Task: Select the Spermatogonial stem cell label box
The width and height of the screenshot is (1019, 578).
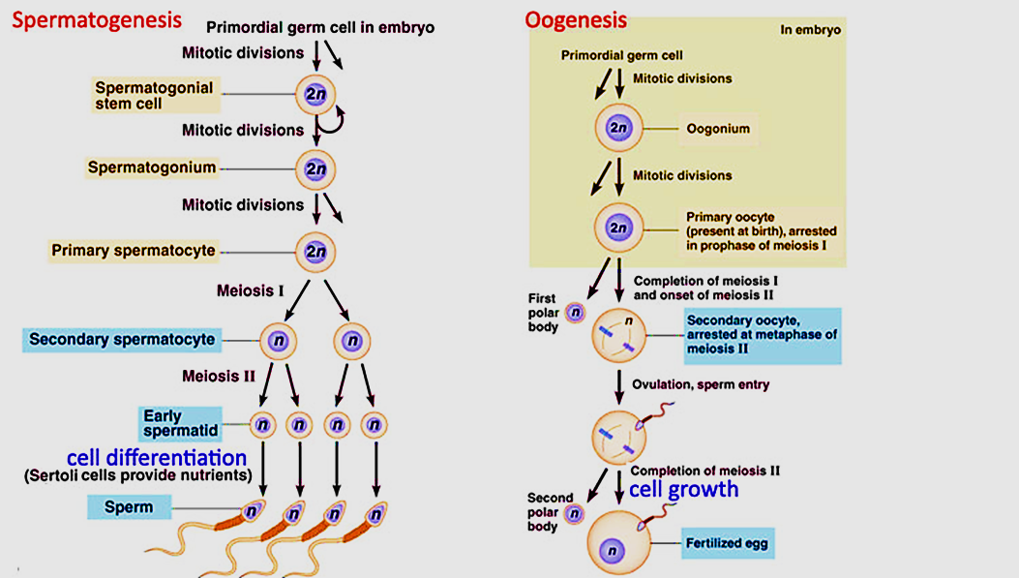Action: (153, 95)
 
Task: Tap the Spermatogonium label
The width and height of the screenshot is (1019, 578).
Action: (152, 167)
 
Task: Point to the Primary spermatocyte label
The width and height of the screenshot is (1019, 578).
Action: (134, 251)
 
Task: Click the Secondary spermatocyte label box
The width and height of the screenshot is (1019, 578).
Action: (122, 340)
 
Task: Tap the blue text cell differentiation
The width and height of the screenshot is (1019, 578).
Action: (157, 456)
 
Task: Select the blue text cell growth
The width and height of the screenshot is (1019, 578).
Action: (683, 489)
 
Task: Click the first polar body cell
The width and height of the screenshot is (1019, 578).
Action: (575, 312)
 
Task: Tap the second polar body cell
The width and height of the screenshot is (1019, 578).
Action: (573, 514)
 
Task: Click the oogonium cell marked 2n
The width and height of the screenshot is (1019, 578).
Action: (618, 128)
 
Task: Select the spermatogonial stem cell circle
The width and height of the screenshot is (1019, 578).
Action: (316, 94)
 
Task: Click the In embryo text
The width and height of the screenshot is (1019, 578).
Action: (810, 30)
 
